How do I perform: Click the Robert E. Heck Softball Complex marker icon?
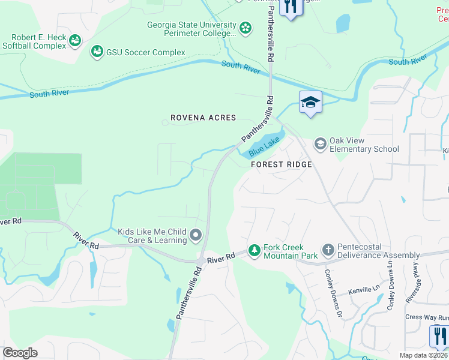[75, 41]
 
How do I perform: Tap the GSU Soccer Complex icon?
[97, 53]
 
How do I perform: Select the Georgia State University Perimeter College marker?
[245, 28]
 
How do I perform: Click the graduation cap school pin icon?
[310, 102]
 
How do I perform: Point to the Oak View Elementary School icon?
[320, 143]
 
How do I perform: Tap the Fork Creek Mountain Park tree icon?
[255, 250]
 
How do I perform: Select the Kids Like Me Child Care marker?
[196, 235]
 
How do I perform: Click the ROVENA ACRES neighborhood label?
[203, 118]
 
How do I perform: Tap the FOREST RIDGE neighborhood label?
[281, 164]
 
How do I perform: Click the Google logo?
[20, 353]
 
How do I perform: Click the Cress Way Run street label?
[427, 317]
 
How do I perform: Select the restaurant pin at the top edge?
[291, 8]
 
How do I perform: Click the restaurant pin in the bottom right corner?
[439, 335]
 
